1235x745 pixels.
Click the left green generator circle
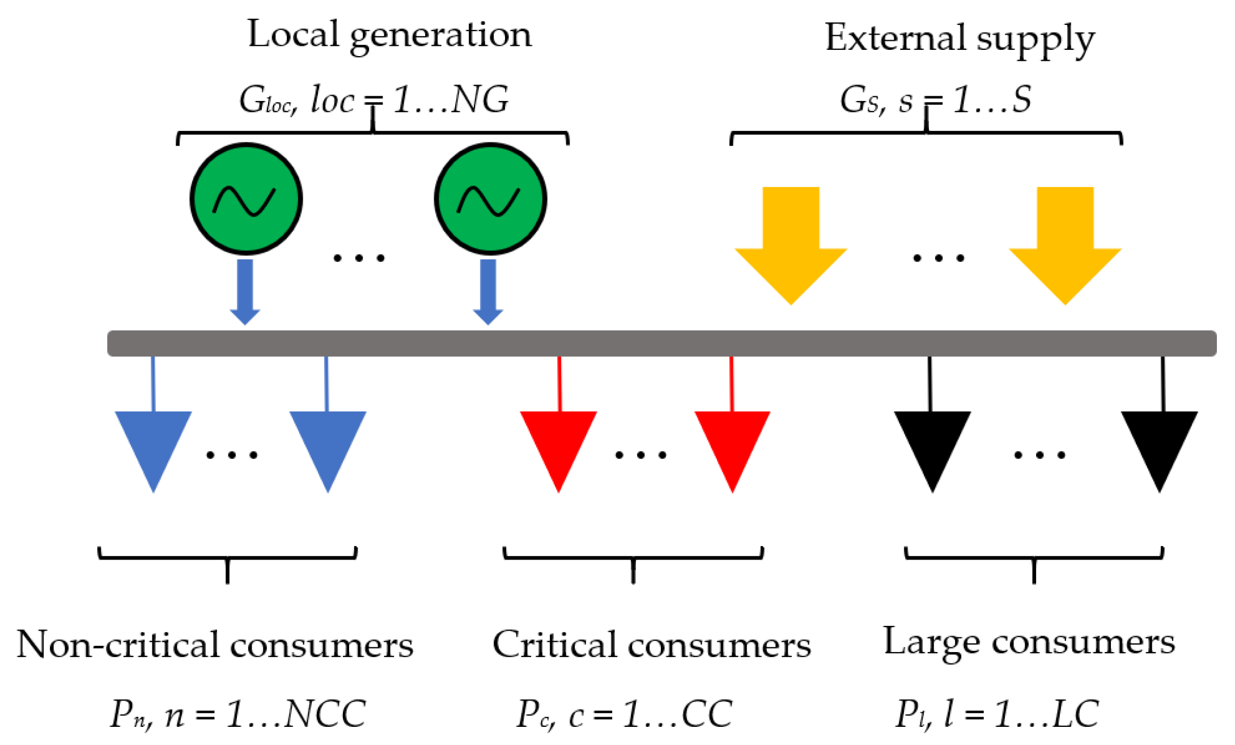(x=246, y=198)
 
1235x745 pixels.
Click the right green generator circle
(x=490, y=198)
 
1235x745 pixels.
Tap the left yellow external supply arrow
(x=791, y=245)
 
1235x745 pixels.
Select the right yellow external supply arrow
(x=1065, y=245)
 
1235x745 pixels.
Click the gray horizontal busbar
(x=661, y=344)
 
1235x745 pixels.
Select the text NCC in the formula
(x=325, y=713)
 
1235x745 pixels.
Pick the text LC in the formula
(x=1076, y=713)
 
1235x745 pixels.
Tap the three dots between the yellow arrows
(x=939, y=258)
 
